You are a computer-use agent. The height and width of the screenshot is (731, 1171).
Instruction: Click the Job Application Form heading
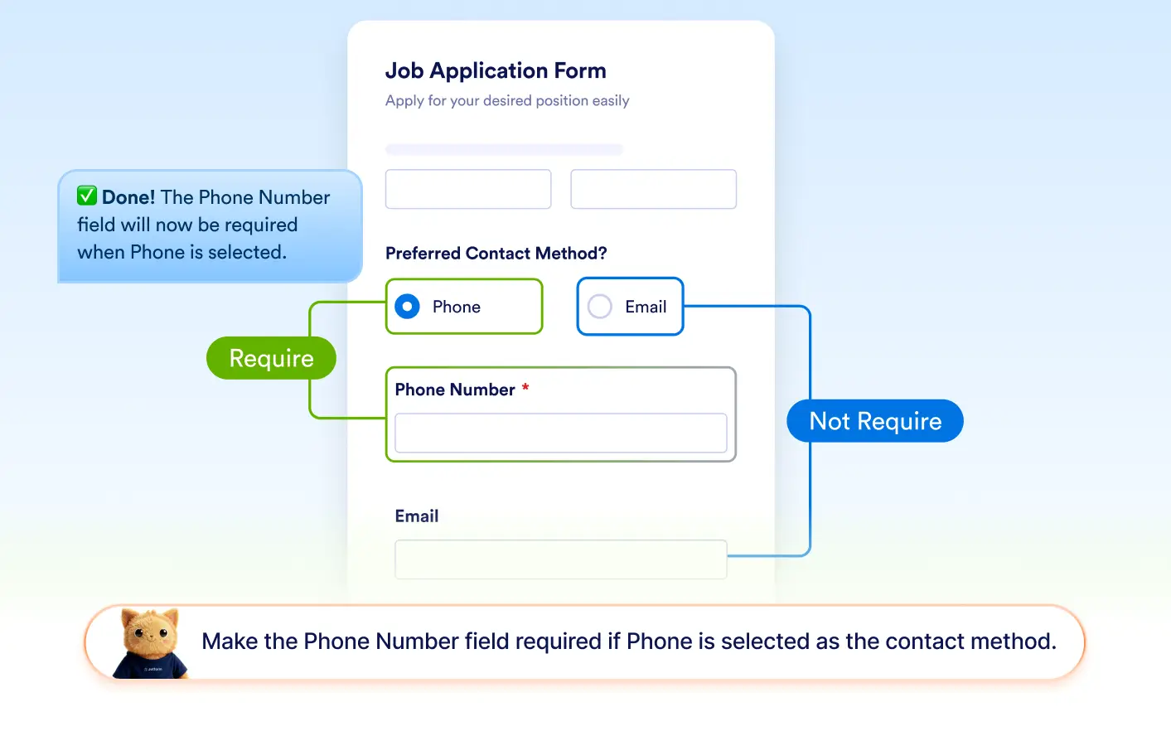[x=496, y=70]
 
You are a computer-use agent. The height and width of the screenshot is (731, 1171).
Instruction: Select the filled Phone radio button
[x=407, y=307]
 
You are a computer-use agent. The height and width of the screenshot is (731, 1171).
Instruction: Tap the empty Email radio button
[x=600, y=307]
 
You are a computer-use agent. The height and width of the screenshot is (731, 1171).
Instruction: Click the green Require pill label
[x=271, y=358]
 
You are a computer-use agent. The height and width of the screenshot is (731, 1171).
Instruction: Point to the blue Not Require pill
[x=875, y=421]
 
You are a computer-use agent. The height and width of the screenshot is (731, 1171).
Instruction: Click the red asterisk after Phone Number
[x=525, y=387]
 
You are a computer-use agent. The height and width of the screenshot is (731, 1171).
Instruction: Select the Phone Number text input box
[x=561, y=433]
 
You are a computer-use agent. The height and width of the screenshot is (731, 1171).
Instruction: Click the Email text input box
[x=561, y=559]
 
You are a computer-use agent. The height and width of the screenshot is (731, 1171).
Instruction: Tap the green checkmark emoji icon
[x=87, y=196]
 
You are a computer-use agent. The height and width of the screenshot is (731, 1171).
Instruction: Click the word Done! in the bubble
[x=128, y=197]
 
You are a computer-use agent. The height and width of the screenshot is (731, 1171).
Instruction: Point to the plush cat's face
[x=151, y=632]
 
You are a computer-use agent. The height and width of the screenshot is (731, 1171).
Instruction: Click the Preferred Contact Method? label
[x=496, y=253]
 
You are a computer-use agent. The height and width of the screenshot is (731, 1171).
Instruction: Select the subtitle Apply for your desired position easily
[x=507, y=100]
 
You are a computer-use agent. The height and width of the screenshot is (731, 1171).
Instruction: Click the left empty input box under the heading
[x=468, y=189]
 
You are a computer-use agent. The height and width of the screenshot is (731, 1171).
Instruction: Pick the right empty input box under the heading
[x=654, y=189]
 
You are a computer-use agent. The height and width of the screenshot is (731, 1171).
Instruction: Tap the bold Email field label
[x=417, y=516]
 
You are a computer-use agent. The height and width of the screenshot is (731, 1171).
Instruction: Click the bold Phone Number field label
[x=455, y=390]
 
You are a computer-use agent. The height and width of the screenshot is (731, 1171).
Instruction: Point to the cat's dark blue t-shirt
[x=151, y=666]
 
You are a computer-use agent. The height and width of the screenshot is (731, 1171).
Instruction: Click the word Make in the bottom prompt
[x=230, y=641]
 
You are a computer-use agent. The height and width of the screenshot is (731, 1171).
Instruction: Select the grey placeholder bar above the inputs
[x=505, y=149]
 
